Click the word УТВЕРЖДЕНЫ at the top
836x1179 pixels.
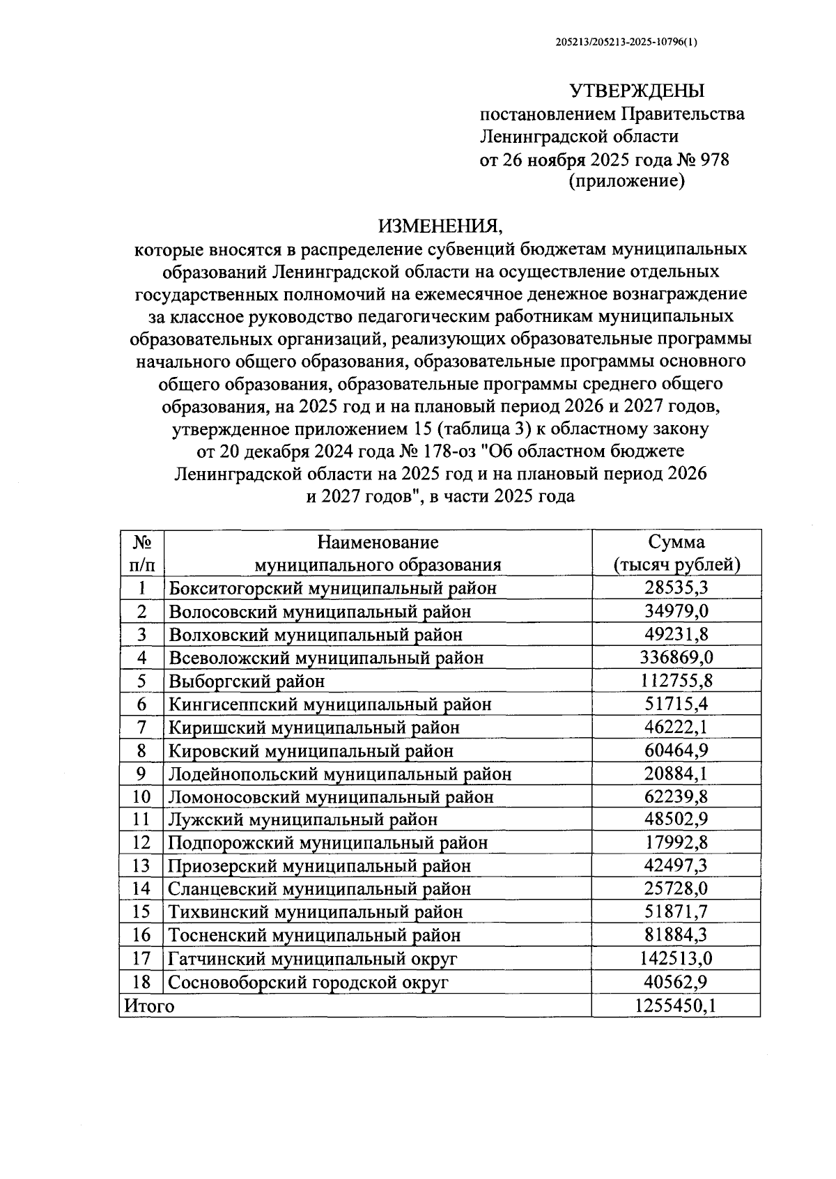coord(637,91)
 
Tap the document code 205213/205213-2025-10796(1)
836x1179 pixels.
coord(627,42)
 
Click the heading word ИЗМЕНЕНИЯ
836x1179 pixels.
coord(440,226)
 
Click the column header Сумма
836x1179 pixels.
coord(676,542)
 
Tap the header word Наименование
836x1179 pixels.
coord(378,542)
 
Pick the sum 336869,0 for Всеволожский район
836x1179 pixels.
coord(676,658)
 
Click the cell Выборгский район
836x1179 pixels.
coord(247,681)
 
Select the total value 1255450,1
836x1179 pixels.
coord(676,1005)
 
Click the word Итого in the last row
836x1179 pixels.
coord(149,1005)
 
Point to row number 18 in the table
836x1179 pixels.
coord(141,982)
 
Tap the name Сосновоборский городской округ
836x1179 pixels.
coord(309,982)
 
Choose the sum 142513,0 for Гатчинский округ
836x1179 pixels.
coord(676,959)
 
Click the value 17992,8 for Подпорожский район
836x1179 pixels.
coord(676,843)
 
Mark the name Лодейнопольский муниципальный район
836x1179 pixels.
coord(340,774)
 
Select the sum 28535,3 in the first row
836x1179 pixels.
coord(676,588)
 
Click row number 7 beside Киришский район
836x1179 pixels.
coord(141,727)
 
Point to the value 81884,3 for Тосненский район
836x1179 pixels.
coord(676,935)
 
